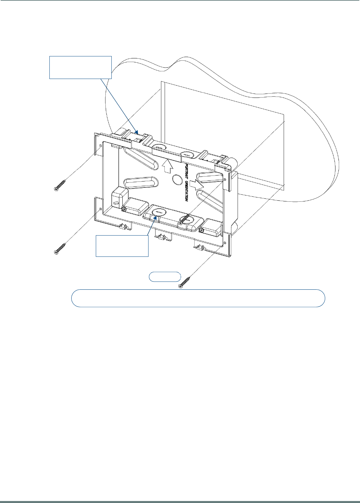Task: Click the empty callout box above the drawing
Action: pyautogui.click(x=81, y=67)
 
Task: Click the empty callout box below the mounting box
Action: pyautogui.click(x=122, y=246)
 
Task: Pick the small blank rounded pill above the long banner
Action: pyautogui.click(x=165, y=277)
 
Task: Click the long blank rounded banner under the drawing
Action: pyautogui.click(x=198, y=298)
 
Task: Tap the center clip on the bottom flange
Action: pyautogui.click(x=161, y=237)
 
